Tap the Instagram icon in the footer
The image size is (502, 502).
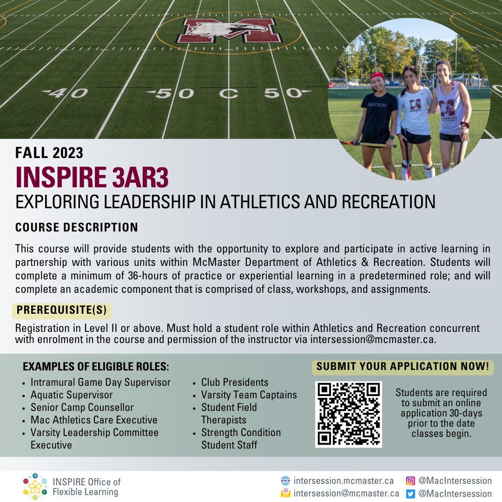(410, 481)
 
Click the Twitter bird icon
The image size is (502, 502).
(410, 494)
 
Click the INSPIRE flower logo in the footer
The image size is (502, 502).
(35, 487)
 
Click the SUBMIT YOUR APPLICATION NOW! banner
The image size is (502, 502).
(403, 367)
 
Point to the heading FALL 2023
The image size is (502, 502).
(49, 152)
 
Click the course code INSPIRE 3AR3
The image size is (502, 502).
(92, 177)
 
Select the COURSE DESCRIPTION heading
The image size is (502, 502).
(77, 227)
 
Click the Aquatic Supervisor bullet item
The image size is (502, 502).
(72, 395)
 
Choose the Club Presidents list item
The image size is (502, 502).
(235, 383)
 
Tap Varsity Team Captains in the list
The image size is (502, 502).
(249, 395)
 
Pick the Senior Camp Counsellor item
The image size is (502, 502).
(82, 408)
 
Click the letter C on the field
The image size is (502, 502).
(228, 93)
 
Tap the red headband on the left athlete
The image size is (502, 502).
(377, 76)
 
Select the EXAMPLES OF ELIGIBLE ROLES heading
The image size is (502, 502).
(96, 367)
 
